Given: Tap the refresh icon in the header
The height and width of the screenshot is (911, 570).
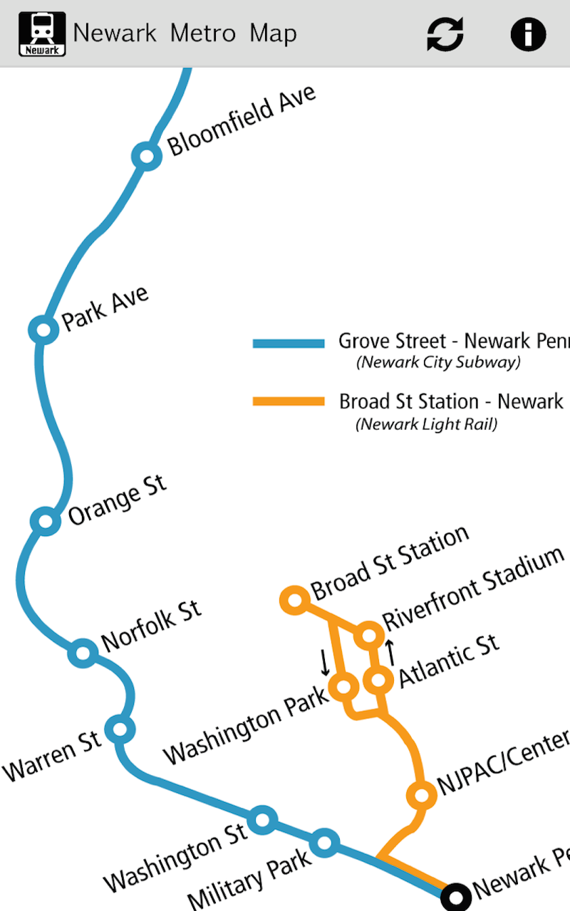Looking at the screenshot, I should (445, 33).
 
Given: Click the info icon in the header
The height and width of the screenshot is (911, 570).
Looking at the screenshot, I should (528, 33).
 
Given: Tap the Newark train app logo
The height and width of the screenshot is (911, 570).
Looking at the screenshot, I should (42, 34).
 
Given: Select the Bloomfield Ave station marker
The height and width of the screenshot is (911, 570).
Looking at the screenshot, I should (147, 156).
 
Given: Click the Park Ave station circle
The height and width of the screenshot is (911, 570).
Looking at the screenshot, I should (43, 330).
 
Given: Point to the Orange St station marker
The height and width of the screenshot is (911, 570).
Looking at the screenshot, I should (46, 521).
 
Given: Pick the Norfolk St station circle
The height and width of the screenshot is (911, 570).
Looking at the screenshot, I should (83, 652).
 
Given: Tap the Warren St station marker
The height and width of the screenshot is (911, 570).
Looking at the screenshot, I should (120, 729).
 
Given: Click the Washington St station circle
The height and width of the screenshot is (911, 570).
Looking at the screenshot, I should (262, 820).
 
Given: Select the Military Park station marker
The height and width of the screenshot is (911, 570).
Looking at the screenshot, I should (324, 843).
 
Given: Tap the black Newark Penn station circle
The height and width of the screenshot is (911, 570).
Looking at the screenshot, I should (455, 896).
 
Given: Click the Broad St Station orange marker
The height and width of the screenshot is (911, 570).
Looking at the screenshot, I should (294, 601).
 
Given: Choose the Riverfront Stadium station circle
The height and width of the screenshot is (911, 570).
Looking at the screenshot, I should (370, 634).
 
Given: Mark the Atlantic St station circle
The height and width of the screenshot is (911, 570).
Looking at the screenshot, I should (378, 680).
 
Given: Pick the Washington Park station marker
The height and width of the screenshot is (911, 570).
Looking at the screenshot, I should (343, 687).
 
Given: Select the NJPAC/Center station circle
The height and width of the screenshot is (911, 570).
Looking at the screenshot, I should (421, 794).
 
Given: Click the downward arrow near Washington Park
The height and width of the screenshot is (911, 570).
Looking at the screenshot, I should (325, 662).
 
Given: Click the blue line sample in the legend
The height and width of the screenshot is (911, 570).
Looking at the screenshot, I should (289, 343).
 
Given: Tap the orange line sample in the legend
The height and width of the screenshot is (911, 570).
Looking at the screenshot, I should (289, 401).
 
